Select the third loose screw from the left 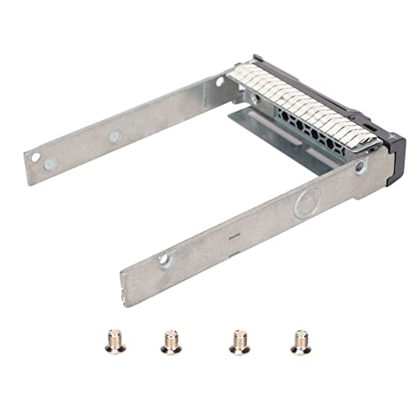pos(238,340)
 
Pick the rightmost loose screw pos(298,340)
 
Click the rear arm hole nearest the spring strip pos(220,82)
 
